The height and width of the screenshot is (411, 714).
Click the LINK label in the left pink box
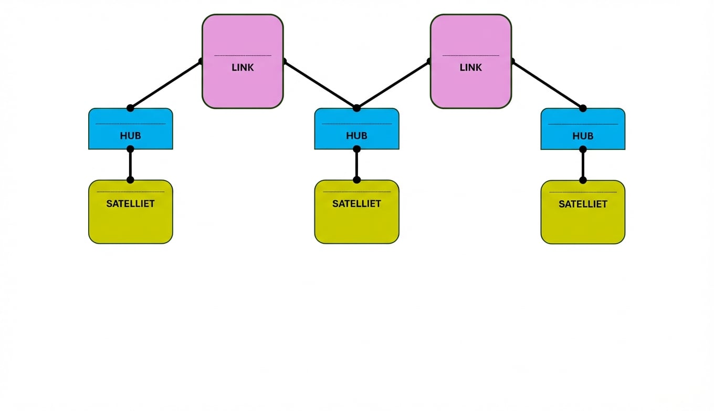[x=243, y=68]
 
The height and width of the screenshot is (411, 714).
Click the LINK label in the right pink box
[x=470, y=68]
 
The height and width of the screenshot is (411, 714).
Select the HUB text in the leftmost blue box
[x=130, y=136]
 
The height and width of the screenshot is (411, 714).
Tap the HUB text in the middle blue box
[x=356, y=136]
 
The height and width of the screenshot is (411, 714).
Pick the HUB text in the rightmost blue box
[x=583, y=136]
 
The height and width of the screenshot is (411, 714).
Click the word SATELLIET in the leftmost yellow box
[x=130, y=203]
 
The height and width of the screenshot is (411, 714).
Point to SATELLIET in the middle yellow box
[x=356, y=203]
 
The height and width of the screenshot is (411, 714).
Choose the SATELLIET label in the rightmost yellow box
[x=583, y=204]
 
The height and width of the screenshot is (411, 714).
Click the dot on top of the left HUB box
[x=130, y=108]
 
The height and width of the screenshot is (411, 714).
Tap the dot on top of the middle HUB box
[x=356, y=108]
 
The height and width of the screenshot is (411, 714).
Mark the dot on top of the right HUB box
[x=583, y=108]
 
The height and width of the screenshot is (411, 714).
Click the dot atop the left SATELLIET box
[x=130, y=180]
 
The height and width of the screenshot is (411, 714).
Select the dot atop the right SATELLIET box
[x=583, y=180]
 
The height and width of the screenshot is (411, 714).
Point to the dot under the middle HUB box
[x=356, y=149]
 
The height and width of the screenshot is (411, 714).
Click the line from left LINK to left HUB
[x=165, y=85]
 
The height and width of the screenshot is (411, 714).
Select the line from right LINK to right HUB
[x=548, y=85]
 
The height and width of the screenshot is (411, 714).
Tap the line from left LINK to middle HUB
[x=320, y=85]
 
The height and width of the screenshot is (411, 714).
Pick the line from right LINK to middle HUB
[x=393, y=85]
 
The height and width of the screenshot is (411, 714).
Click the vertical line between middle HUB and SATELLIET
[x=356, y=165]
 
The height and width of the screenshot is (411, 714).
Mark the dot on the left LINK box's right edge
[x=284, y=61]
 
